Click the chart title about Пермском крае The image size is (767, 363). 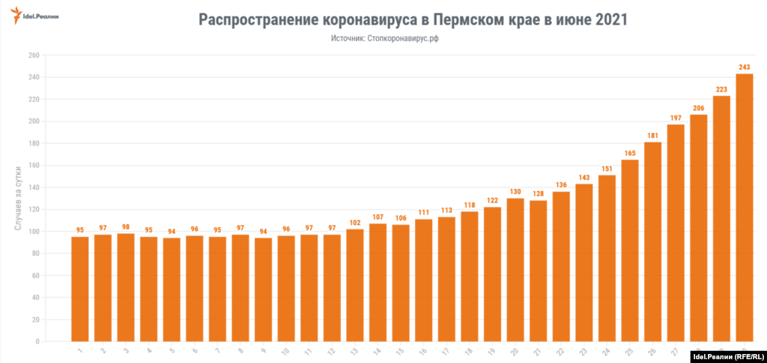click(413, 19)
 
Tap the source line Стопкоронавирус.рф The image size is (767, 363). click(384, 38)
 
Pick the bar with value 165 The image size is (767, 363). click(630, 250)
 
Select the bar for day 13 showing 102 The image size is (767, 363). click(354, 285)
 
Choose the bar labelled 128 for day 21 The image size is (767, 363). click(538, 271)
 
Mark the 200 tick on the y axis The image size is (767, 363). click(33, 121)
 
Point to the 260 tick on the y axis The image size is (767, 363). click(33, 55)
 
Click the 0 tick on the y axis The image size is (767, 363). click(36, 342)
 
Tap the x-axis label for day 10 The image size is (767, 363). click(285, 351)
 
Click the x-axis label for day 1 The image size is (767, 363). click(79, 350)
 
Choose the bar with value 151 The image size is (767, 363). click(607, 258)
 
